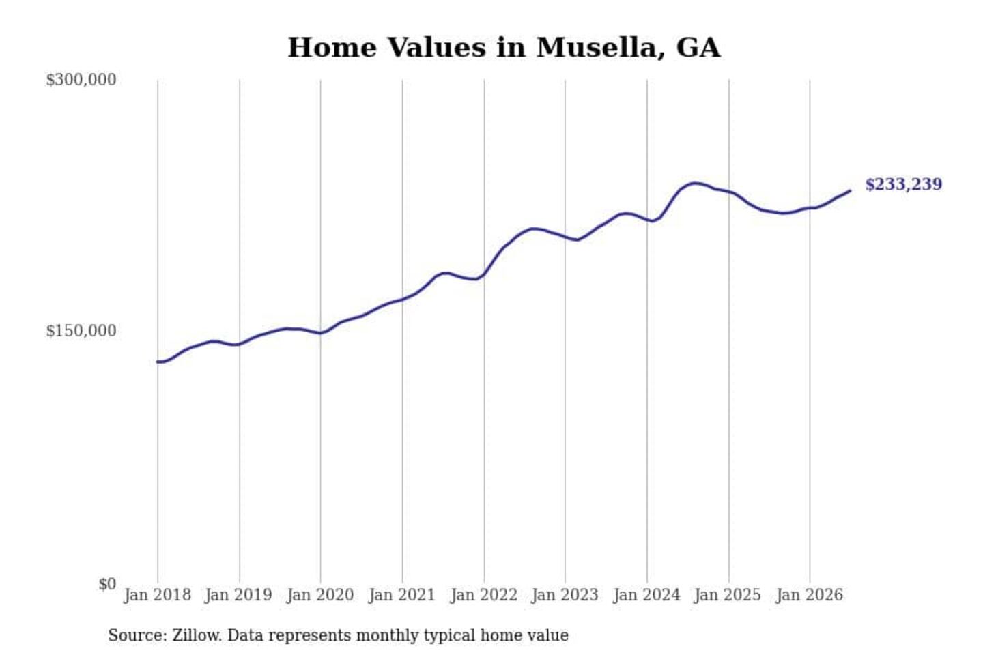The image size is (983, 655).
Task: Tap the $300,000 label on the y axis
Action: coord(81,80)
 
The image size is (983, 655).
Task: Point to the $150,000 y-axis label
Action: coord(81,331)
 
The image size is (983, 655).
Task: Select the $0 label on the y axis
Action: coord(107,584)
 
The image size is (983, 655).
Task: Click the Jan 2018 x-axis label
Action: coord(158,596)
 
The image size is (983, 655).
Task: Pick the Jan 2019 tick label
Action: coord(239,596)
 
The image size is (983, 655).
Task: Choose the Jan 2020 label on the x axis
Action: coord(320,596)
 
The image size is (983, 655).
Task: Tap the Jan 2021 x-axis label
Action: coord(402,596)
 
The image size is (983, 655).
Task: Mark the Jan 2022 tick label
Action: coord(484,596)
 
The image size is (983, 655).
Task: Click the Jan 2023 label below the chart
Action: coord(565,596)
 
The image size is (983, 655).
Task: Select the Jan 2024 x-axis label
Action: coord(646,596)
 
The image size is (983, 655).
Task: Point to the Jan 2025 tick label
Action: coord(728,596)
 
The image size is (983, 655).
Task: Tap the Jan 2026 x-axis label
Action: coord(810,596)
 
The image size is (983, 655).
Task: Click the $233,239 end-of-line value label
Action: coord(904,185)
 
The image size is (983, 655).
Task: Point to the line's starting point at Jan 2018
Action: coord(158,362)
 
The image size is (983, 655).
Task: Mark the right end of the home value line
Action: coord(850,191)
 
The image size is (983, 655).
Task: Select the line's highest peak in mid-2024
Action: coord(694,184)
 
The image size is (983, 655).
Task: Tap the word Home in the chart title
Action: coord(332,47)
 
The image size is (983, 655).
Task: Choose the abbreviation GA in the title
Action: coord(698,47)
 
